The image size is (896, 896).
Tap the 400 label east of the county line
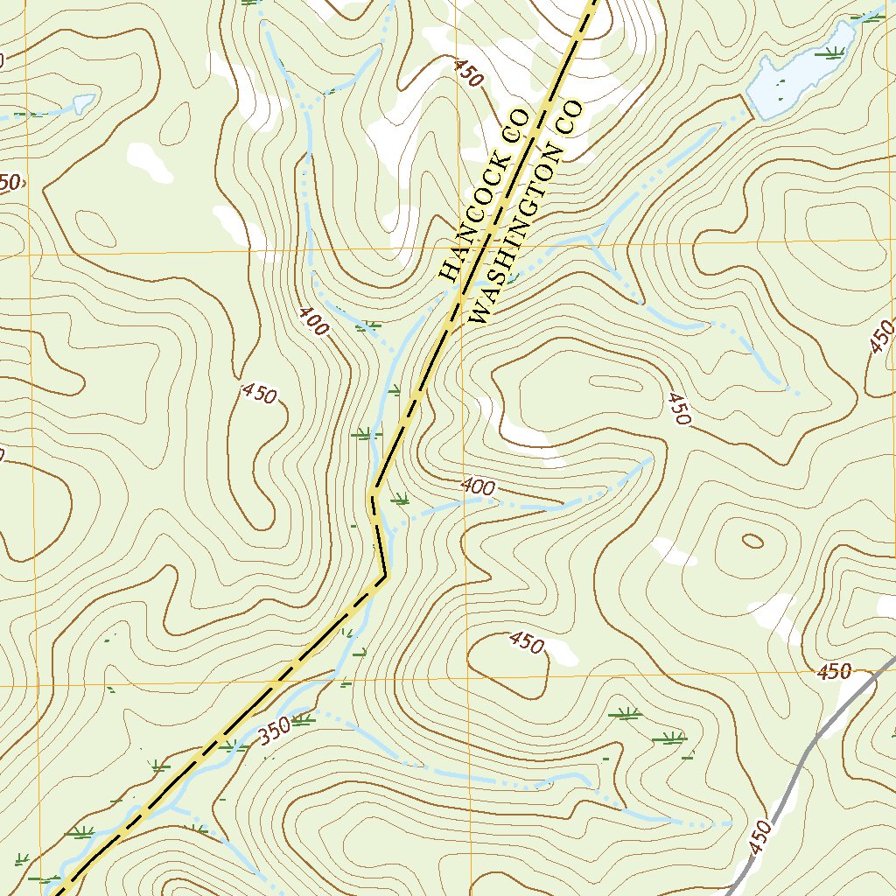click(478, 486)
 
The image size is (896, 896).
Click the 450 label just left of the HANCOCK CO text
click(468, 73)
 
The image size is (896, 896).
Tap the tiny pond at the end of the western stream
click(83, 103)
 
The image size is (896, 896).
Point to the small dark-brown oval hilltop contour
click(752, 541)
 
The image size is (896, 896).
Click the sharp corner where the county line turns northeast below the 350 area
click(385, 576)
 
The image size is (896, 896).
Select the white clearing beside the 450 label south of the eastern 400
click(561, 652)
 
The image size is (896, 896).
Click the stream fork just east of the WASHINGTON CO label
click(597, 234)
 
